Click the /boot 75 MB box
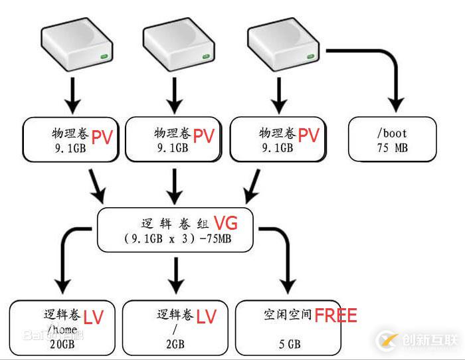pos(392,139)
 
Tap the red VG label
pos(225,223)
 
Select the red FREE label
pos(335,315)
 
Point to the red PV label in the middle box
pos(204,135)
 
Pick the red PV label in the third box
pos(308,135)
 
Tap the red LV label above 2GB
pos(207,317)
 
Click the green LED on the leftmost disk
pos(105,58)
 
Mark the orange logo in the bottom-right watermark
pos(387,341)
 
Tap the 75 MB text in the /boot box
pos(392,147)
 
